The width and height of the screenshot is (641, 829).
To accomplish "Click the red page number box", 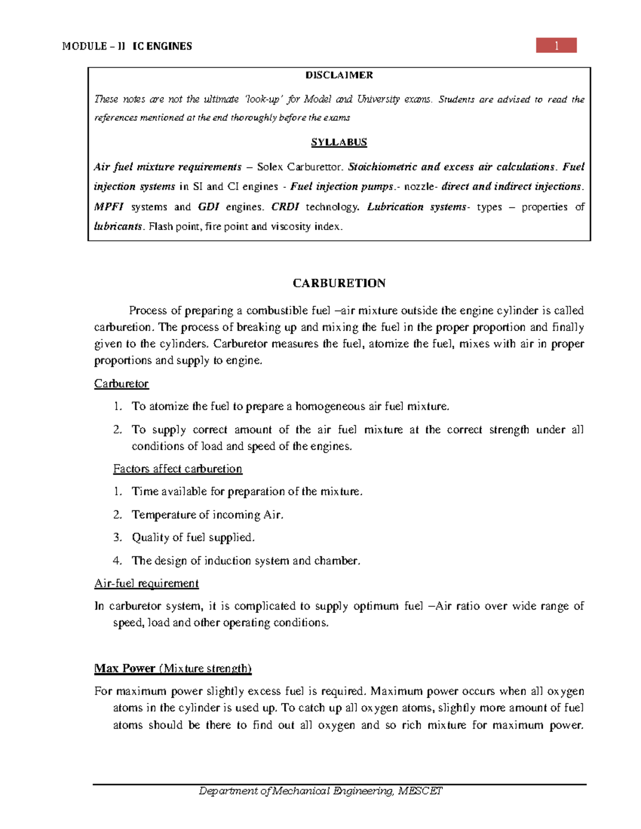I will [556, 45].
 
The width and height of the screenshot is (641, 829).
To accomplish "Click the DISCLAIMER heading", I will [339, 75].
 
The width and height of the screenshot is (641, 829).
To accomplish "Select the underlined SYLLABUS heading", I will [339, 143].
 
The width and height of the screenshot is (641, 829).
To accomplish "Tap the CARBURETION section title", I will [339, 283].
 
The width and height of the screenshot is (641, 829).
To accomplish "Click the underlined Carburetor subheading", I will [121, 384].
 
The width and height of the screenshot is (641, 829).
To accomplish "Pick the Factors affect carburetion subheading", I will [177, 469].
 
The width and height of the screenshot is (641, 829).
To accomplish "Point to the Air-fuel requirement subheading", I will [146, 583].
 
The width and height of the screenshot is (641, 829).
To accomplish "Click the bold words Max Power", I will [124, 668].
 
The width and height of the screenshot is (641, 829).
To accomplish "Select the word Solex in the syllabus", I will [270, 167].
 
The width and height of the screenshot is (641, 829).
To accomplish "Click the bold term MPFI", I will [108, 207].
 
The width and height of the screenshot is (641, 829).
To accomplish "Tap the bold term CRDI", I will [285, 207].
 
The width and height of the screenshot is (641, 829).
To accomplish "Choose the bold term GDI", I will [208, 207].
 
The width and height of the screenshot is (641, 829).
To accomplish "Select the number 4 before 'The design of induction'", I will [116, 560].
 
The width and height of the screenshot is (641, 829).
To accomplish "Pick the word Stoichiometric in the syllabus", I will [382, 167].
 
